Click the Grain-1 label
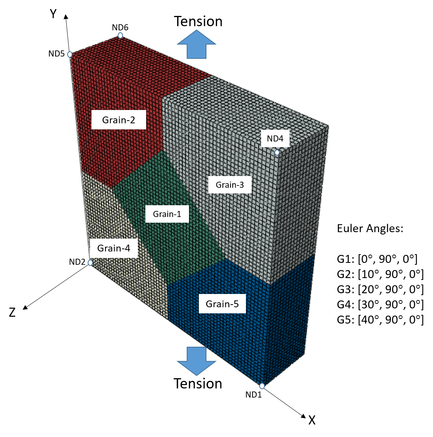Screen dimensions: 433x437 [x=167, y=214]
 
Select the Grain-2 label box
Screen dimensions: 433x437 [x=118, y=120]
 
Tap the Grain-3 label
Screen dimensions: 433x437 [x=230, y=185]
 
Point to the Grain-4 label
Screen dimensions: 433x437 [x=113, y=248]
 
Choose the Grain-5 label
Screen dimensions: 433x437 [x=222, y=304]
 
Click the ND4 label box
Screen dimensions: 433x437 [x=275, y=139]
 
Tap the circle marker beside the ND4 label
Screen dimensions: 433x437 [x=277, y=152]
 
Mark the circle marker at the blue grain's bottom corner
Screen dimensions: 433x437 [x=262, y=386]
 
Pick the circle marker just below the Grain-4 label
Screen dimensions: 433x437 [x=90, y=263]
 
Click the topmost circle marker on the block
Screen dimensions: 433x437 [x=120, y=35]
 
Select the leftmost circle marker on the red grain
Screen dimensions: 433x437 [x=70, y=55]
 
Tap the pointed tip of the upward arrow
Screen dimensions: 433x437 [x=197, y=30]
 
